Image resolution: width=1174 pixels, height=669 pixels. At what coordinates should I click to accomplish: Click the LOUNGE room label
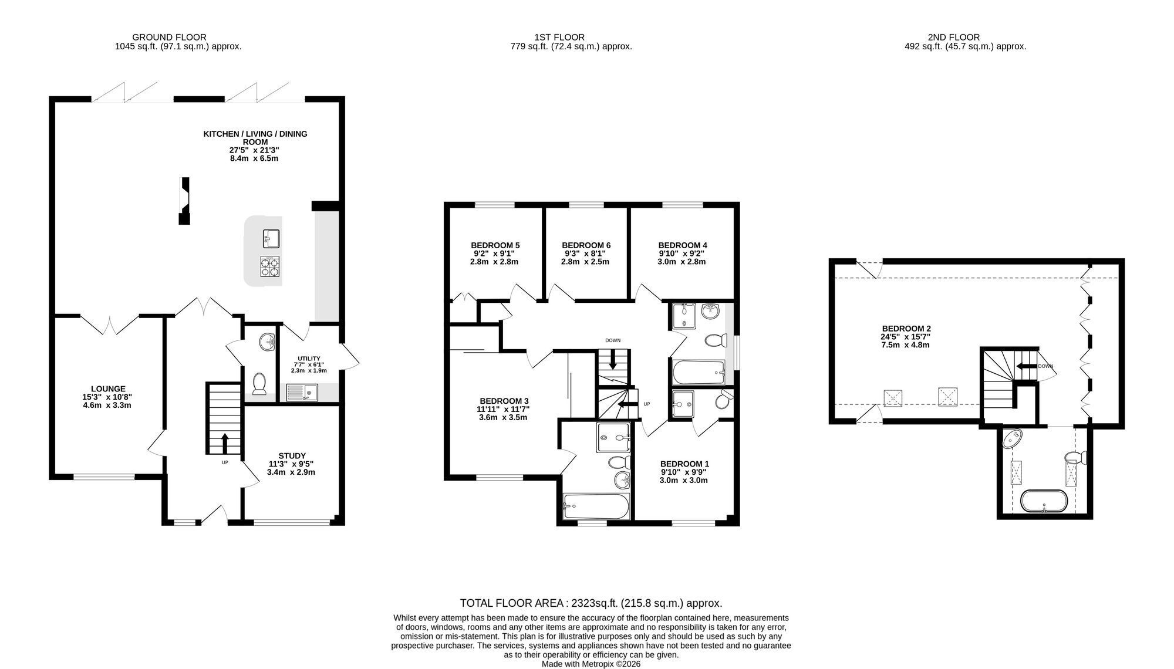(108, 388)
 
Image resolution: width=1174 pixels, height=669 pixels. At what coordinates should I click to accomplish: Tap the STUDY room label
(292, 455)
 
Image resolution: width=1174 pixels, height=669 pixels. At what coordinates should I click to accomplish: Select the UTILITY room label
(309, 359)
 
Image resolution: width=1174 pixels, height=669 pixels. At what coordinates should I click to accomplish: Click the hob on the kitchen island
(270, 266)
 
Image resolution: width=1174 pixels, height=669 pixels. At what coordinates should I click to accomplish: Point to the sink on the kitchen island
(271, 238)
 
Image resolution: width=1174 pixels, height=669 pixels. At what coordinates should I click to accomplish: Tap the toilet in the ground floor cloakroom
(259, 383)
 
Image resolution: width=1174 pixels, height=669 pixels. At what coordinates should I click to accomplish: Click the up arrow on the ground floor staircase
(224, 443)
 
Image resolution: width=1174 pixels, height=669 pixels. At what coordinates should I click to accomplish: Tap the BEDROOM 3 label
(504, 401)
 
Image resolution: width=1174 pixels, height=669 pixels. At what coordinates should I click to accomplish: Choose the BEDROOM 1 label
(684, 464)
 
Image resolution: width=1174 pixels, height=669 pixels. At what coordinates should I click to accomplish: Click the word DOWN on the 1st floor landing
(613, 340)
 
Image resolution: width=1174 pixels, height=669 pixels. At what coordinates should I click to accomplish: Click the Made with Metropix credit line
(591, 664)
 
